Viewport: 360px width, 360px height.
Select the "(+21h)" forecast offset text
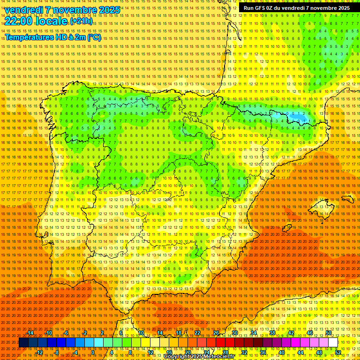pos(81,21)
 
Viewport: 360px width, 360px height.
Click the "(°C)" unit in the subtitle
pos(94,37)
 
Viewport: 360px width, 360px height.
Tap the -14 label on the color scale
pos(30,333)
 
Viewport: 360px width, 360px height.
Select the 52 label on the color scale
pos(338,352)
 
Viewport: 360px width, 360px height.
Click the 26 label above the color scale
pos(216,333)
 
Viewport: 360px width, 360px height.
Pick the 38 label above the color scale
pos(272,333)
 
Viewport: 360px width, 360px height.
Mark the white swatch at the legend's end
pos(333,343)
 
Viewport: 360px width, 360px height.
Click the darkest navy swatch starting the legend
pos(23,343)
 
